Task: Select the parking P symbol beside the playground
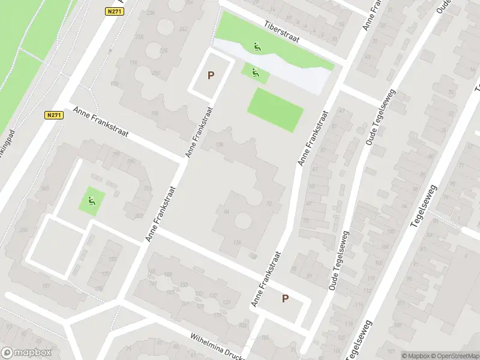[x=211, y=76]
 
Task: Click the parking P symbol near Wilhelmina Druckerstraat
[x=286, y=299]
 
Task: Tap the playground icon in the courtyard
[x=92, y=200]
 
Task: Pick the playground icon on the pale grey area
[x=257, y=47]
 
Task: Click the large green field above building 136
[x=275, y=109]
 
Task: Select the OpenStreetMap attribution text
[x=454, y=355]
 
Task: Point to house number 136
[x=220, y=145]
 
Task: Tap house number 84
[x=226, y=212]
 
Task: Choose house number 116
[x=236, y=242]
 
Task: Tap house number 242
[x=183, y=28]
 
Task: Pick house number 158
[x=155, y=113]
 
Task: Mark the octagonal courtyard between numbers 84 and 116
[x=242, y=220]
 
